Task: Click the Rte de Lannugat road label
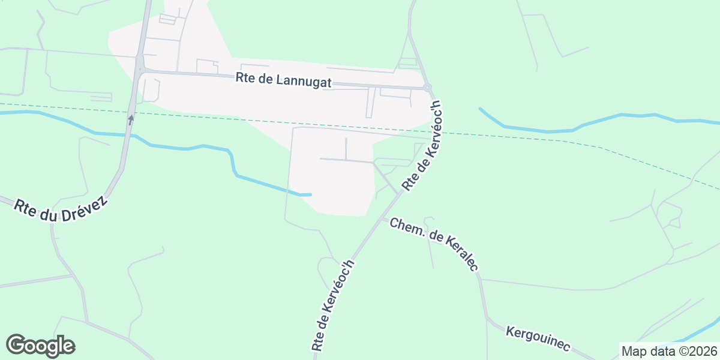click(284, 80)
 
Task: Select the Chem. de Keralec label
click(434, 244)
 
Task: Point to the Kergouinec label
click(538, 340)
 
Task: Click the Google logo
click(40, 346)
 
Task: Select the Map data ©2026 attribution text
click(669, 351)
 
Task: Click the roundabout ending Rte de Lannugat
click(427, 88)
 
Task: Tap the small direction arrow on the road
click(131, 119)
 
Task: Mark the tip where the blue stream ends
click(310, 194)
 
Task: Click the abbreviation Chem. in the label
click(405, 229)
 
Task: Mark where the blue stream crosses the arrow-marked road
click(128, 134)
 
